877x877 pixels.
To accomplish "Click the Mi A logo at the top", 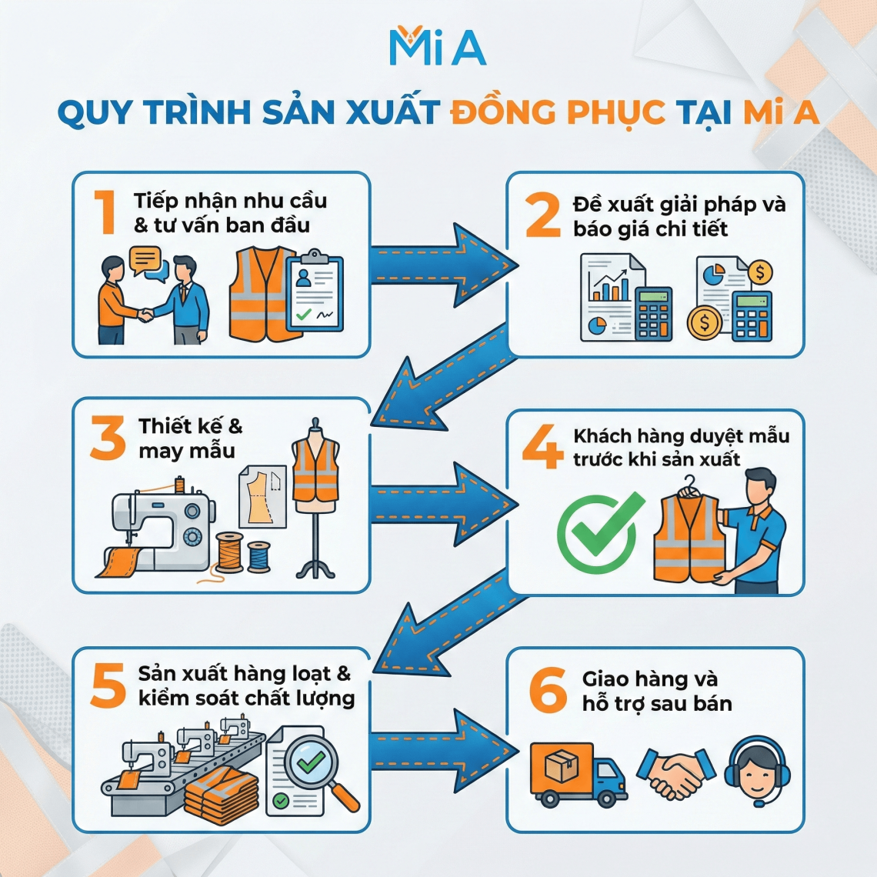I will point(437,47).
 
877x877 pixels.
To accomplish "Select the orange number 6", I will point(548,690).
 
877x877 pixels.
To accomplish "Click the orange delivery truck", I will point(577,773).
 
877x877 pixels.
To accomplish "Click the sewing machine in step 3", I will point(162,523).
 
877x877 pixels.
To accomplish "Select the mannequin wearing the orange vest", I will point(315,492).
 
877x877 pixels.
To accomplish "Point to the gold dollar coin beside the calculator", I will point(704,322).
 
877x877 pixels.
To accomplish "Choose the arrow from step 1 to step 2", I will point(442,264).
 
